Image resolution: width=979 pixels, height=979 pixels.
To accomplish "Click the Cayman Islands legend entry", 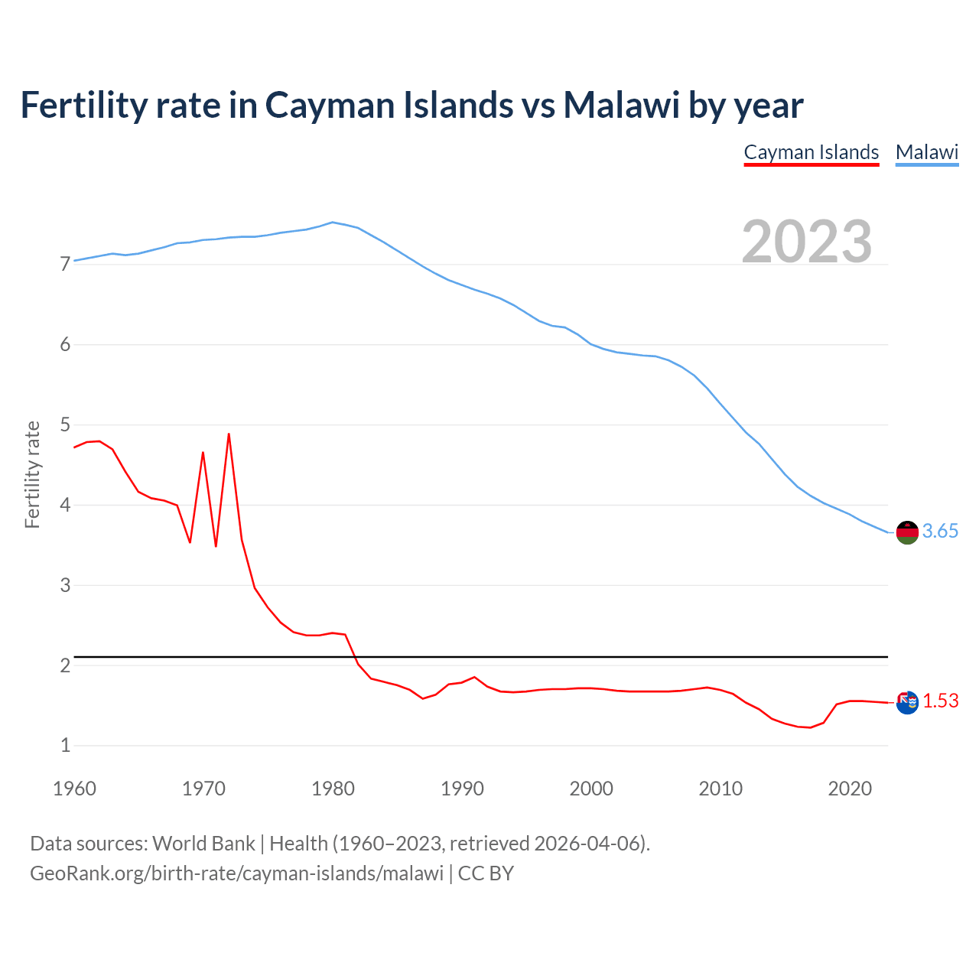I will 811,152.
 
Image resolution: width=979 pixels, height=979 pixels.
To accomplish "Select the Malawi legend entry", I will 927,152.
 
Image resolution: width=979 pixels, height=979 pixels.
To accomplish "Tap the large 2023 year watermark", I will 807,242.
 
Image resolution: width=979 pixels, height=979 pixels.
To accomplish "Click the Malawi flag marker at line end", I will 907,532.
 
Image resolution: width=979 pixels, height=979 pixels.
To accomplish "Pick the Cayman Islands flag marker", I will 907,702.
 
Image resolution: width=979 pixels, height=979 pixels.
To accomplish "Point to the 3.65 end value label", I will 940,532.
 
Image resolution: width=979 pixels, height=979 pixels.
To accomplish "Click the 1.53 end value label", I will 940,701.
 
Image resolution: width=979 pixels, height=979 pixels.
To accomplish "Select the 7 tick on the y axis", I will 65,265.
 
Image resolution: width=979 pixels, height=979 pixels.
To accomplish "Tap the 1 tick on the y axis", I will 65,746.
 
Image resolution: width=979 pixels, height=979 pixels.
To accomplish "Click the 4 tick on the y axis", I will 65,506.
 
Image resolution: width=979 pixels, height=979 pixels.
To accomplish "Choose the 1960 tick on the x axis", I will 74,789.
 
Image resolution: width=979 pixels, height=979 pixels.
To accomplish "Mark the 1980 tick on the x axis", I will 333,789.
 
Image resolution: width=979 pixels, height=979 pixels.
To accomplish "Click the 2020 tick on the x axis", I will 850,789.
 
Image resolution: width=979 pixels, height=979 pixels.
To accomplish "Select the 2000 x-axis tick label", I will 591,789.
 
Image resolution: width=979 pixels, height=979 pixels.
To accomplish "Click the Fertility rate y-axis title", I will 32,474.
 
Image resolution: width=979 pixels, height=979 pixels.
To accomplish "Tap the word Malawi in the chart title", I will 621,106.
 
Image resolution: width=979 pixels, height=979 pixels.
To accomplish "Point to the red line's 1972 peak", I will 229,434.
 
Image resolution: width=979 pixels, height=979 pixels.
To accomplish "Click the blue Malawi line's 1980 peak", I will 332,223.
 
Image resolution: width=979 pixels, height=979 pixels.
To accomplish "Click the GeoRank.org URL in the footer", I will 236,873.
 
